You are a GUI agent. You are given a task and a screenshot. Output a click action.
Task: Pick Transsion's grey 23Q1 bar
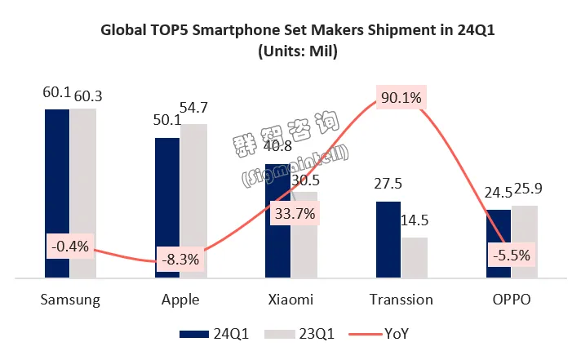coord(415,258)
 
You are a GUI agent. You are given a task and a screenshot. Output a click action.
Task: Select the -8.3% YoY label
coord(180,260)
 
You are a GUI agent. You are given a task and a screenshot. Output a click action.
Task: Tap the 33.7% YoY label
coord(291,214)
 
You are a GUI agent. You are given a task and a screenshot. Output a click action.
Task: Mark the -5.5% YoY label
coord(512,255)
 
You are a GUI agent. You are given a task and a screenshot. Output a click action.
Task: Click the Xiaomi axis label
coord(290,300)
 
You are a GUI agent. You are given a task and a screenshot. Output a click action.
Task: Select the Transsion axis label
coord(401,300)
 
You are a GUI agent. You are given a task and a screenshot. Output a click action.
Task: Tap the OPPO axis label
coord(512,300)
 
